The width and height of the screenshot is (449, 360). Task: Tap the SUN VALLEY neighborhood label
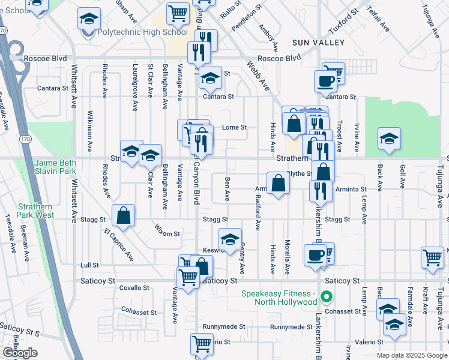tap(318, 43)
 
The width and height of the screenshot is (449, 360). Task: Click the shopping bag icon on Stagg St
tap(123, 217)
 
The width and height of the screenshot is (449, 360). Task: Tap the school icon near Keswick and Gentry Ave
tap(229, 240)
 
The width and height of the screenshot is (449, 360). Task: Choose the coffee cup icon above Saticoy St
tap(315, 256)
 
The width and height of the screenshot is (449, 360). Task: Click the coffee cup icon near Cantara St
tap(327, 82)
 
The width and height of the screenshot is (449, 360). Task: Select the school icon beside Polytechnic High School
tap(89, 20)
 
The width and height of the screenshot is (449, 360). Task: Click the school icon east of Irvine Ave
tap(389, 139)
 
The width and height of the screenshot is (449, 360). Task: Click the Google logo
tap(19, 352)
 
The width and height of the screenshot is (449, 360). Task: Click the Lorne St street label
tap(235, 127)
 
